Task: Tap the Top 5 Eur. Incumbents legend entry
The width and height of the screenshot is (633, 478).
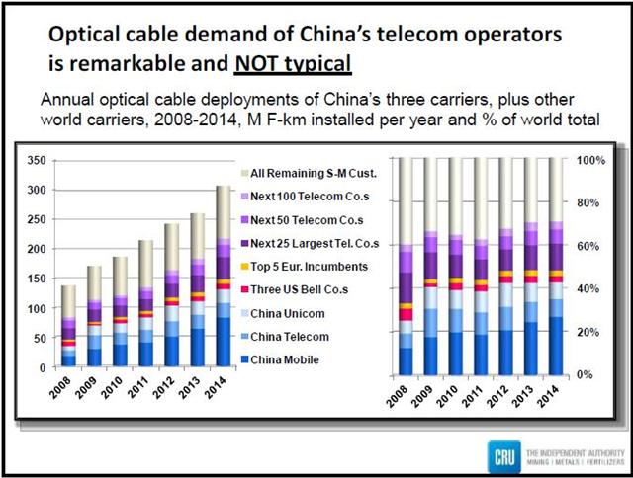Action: (295, 266)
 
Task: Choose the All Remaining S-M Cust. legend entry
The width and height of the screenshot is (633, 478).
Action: (295, 174)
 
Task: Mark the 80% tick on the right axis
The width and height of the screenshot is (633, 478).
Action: (589, 203)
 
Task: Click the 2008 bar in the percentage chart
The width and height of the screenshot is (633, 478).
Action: (406, 267)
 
